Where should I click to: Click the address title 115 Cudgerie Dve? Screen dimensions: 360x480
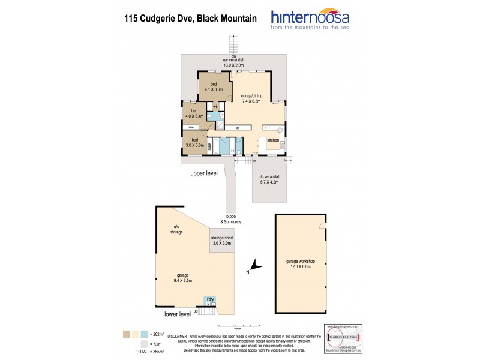click(189, 19)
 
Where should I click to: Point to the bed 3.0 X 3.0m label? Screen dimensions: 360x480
click(194, 142)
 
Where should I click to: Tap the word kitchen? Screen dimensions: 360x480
click(273, 140)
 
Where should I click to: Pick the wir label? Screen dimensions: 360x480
click(216, 107)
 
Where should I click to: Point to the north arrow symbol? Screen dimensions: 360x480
click(255, 265)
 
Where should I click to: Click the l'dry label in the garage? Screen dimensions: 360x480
click(211, 299)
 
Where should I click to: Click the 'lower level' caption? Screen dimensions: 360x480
click(177, 314)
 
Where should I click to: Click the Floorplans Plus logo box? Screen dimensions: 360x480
click(341, 338)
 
